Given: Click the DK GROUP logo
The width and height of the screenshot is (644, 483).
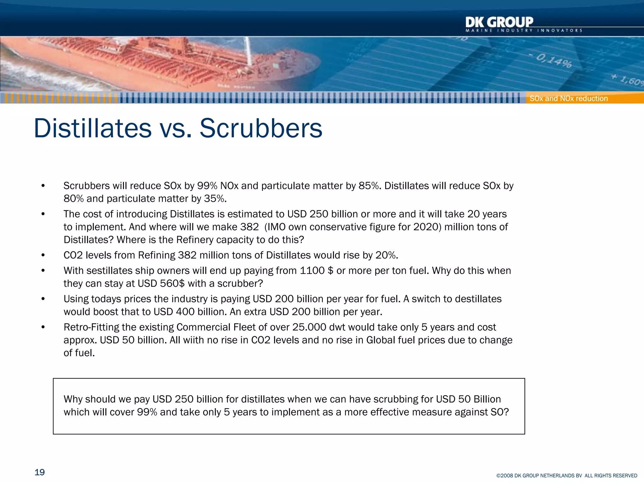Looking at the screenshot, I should tap(499, 22).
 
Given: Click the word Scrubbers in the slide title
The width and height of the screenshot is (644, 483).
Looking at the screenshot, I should tap(261, 128).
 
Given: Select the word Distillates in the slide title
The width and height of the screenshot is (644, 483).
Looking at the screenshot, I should tap(93, 128).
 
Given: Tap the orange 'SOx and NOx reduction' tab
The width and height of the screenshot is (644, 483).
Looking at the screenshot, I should tap(569, 98).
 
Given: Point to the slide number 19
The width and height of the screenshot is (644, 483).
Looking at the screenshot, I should tap(40, 472).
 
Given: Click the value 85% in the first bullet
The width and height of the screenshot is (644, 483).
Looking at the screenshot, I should tap(369, 186).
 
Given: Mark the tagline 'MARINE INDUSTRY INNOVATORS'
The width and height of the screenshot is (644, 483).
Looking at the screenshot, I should tap(524, 31).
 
